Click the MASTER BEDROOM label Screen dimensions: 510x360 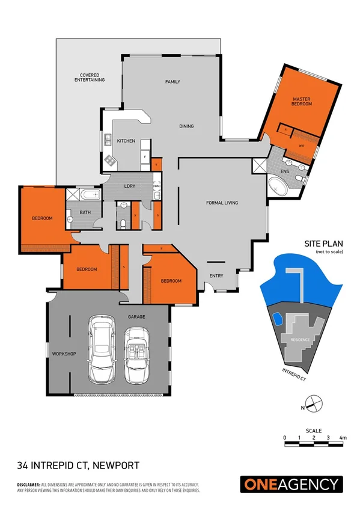tap(302, 101)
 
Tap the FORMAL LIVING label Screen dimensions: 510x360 tap(222, 203)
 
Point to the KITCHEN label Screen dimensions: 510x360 tap(126, 141)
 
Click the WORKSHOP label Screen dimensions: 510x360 tap(63, 354)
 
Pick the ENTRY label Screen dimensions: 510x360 tap(216, 276)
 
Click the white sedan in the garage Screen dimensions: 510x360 tap(99, 349)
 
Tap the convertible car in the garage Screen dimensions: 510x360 tap(135, 355)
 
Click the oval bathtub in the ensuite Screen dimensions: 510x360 tap(277, 186)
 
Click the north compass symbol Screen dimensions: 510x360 tap(314, 405)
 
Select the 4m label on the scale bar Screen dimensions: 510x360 tap(343, 437)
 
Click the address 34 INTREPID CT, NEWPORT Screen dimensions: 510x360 tap(78, 465)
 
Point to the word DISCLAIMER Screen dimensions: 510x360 tap(28, 484)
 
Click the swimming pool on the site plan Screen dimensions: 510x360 tap(278, 317)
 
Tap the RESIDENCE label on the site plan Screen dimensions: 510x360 tap(301, 340)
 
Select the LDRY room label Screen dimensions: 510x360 tap(132, 186)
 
